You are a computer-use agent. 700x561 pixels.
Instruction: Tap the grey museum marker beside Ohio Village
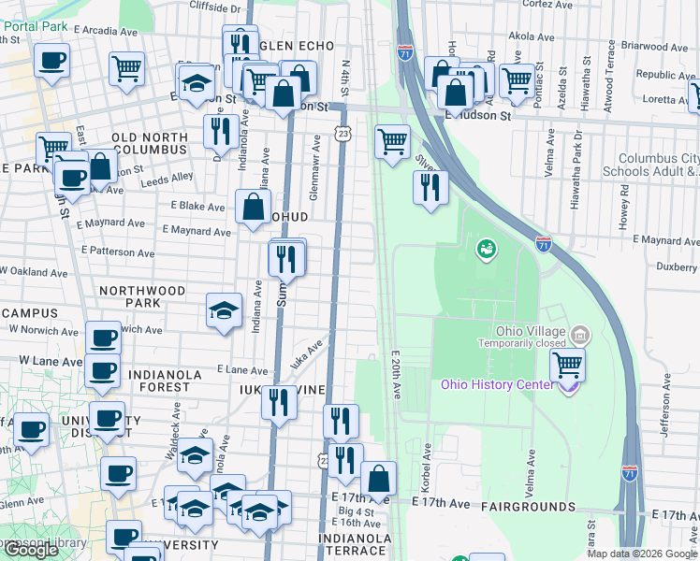click(x=579, y=334)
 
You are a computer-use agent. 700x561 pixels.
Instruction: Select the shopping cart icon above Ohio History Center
click(x=567, y=365)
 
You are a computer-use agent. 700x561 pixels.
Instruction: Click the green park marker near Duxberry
click(x=486, y=249)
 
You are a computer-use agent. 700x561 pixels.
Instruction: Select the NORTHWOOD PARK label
click(x=142, y=297)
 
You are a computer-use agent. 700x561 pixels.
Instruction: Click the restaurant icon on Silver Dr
click(x=430, y=187)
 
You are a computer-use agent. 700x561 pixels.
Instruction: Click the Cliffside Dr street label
click(x=215, y=7)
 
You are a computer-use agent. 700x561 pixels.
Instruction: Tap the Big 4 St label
click(x=356, y=511)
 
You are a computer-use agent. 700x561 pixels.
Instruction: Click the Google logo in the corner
click(x=31, y=550)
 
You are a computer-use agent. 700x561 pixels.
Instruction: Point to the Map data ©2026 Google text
click(x=641, y=554)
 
